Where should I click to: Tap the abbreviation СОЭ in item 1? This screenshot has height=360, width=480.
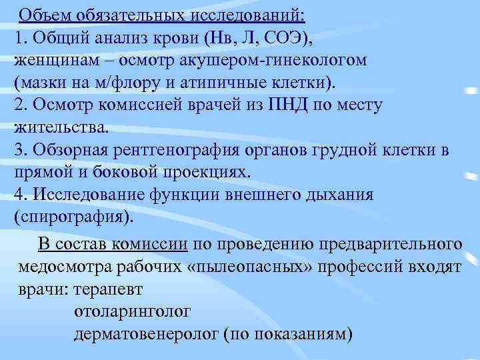coord(285,37)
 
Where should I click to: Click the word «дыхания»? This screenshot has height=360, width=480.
coord(337,194)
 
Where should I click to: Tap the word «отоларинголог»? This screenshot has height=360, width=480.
coord(133,313)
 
